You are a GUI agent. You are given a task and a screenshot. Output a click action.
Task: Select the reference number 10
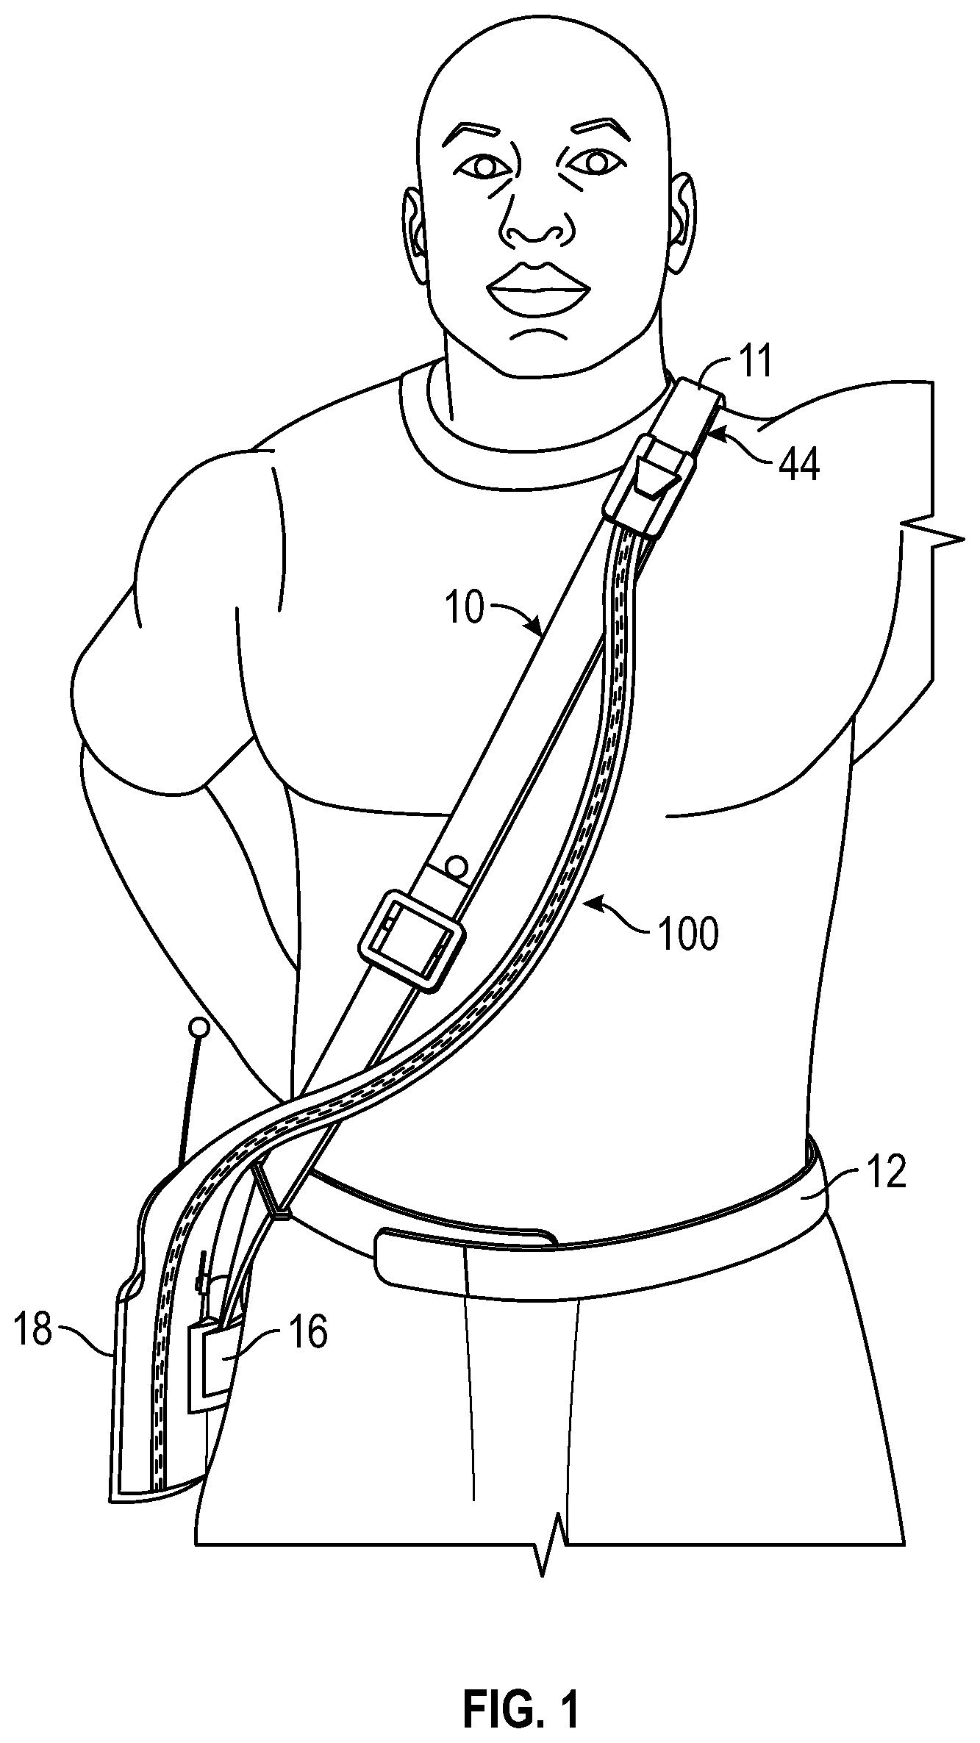coord(465,609)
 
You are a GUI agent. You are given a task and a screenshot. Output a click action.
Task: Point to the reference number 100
coord(688,934)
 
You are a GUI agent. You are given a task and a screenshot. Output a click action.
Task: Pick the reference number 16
coord(307,1332)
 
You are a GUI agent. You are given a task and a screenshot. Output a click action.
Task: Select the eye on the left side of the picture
coord(484,167)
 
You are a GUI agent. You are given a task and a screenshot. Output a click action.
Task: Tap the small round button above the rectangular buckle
coord(456,865)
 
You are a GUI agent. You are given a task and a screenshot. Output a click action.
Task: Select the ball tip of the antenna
coord(198,1026)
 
